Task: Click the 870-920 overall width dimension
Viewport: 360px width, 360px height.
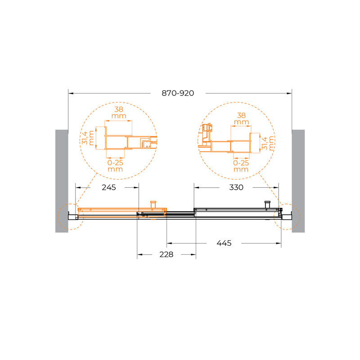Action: click(178, 93)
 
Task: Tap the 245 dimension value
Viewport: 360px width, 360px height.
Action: click(108, 188)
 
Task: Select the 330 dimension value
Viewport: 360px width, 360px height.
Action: click(236, 188)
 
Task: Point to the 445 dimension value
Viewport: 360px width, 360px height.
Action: click(224, 243)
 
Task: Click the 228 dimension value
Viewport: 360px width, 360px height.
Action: click(166, 254)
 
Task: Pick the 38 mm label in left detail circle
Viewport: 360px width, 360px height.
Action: click(119, 112)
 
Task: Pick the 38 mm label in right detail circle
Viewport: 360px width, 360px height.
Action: click(241, 118)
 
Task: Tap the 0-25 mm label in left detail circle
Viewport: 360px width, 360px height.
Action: click(115, 166)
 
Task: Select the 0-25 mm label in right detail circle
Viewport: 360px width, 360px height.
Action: click(241, 166)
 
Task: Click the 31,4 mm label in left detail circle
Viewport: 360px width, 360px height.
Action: click(88, 138)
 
